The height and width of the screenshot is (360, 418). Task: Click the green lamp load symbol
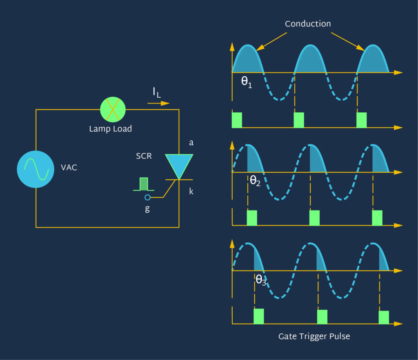pos(113,110)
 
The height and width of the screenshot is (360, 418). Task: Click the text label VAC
pos(69,168)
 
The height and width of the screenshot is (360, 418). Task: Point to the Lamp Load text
pos(111,129)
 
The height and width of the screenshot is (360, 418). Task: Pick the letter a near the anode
pos(191,143)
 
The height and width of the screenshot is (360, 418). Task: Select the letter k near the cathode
pos(191,191)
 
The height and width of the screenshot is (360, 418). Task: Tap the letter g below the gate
pos(147,209)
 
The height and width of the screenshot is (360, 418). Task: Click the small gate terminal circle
pos(147,198)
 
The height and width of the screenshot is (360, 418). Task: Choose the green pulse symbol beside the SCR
pos(144,184)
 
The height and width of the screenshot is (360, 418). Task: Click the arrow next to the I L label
pos(159,103)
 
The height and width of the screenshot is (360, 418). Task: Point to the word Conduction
pos(308,24)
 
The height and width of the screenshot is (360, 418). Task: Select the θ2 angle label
pos(255,181)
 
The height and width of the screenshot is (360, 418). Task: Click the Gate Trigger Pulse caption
pos(314,337)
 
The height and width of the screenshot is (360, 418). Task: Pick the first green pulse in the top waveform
pos(237,120)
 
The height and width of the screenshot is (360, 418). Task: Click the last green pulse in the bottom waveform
pos(384,317)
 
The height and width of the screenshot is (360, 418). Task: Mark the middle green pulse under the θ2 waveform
pos(314,218)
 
